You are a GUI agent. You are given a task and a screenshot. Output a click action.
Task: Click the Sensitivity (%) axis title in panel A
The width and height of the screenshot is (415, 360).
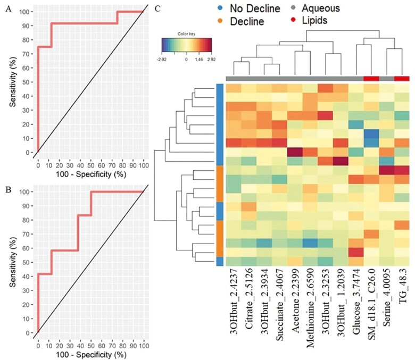10,80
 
